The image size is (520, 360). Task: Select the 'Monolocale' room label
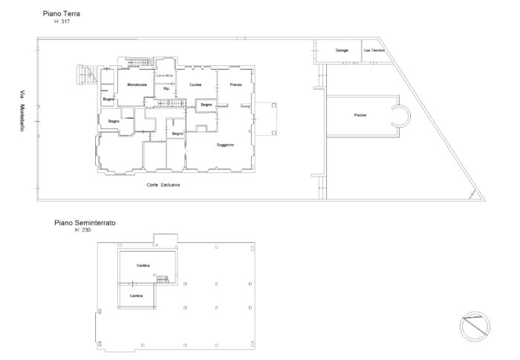point(137,85)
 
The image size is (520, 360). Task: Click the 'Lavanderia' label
point(164,76)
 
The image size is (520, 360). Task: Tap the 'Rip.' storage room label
point(166,90)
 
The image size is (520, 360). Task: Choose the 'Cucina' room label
point(195,85)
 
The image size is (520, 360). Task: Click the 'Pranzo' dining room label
point(235,85)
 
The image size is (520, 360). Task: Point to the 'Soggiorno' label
point(225,144)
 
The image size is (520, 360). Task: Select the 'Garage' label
point(342,50)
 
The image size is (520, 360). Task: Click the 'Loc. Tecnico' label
point(374,50)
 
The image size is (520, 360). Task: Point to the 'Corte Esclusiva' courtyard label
point(163,185)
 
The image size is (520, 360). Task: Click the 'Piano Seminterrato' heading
point(84,222)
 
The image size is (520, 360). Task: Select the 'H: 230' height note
point(85,229)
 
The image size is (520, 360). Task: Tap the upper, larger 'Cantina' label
point(143,265)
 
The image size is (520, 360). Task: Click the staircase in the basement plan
point(163,279)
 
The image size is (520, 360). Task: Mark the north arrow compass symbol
point(474,326)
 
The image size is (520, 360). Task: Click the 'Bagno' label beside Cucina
point(206,105)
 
